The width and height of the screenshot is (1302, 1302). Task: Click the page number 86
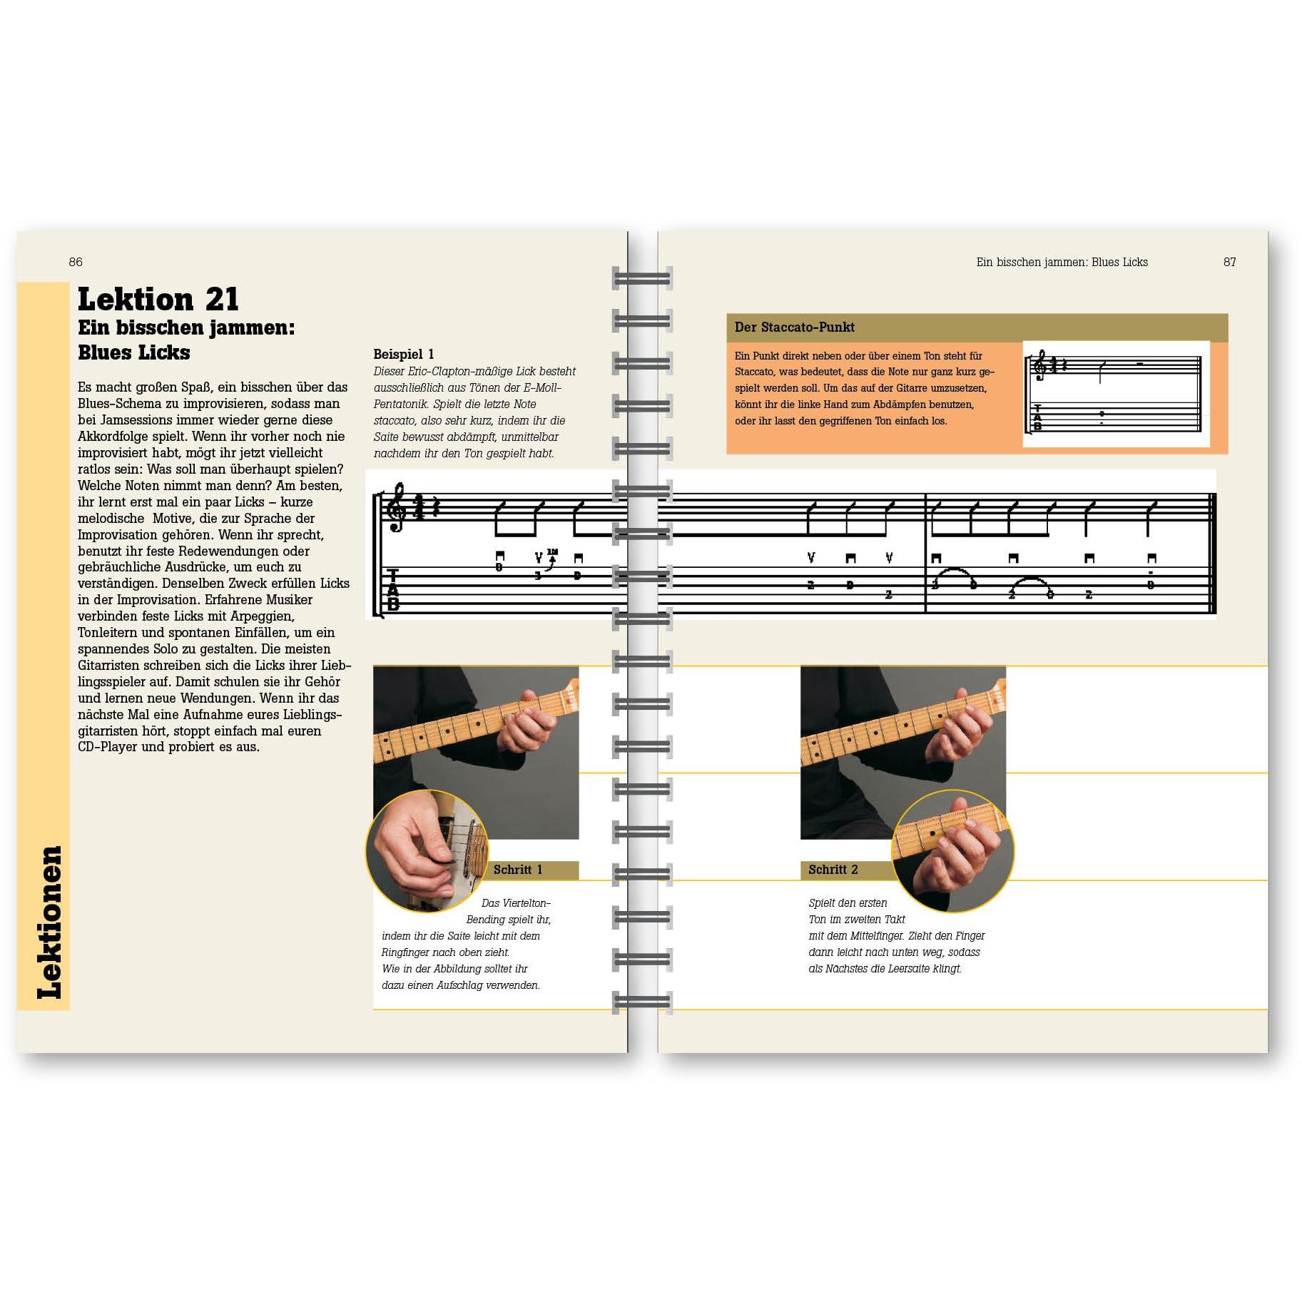tap(76, 262)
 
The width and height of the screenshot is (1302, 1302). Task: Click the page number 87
tap(1229, 262)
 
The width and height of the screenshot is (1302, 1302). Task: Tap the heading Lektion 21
tap(158, 299)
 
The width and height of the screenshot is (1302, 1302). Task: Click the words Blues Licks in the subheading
tap(134, 352)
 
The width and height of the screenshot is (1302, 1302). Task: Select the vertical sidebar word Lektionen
tap(49, 922)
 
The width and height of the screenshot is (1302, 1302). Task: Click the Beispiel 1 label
tap(403, 354)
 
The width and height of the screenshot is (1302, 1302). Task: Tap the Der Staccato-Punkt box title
tap(794, 327)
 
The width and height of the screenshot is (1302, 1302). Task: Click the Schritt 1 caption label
tap(518, 870)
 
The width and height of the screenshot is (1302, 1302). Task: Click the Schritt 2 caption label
tap(833, 870)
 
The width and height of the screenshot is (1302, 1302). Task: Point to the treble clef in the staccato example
tap(1042, 365)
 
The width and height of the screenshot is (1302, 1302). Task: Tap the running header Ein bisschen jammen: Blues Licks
tap(1062, 262)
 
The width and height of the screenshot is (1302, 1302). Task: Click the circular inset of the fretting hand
tap(952, 850)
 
